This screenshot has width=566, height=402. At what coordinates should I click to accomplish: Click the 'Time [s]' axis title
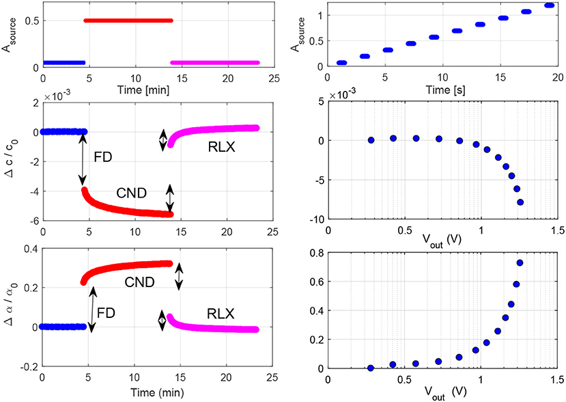(444, 90)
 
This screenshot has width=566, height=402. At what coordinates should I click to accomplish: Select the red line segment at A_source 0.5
(128, 21)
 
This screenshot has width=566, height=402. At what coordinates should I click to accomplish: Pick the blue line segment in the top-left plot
(63, 62)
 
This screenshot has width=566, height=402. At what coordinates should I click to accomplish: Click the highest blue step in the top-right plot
(550, 5)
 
